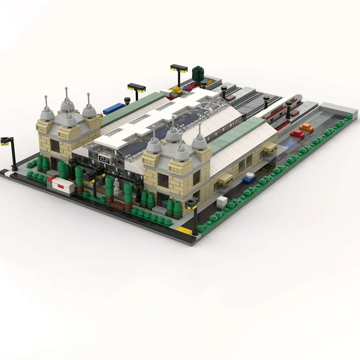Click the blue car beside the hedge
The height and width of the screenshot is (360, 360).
pyautogui.click(x=249, y=179)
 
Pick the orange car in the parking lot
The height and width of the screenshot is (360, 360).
pyautogui.click(x=306, y=127)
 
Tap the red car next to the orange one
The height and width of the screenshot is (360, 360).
pyautogui.click(x=297, y=134)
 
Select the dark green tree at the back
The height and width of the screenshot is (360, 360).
pyautogui.click(x=198, y=73)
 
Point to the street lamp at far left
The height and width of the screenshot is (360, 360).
pyautogui.click(x=11, y=152)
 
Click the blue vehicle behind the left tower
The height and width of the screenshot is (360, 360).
pyautogui.click(x=114, y=108)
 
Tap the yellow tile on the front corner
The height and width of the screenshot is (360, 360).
pyautogui.click(x=183, y=229)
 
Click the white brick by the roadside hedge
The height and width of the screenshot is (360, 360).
pyautogui.click(x=222, y=202)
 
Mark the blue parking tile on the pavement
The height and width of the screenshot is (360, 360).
pyautogui.click(x=288, y=144)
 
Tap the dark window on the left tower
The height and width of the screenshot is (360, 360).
pyautogui.click(x=55, y=146)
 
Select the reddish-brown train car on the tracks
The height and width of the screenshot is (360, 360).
pyautogui.click(x=230, y=97)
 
